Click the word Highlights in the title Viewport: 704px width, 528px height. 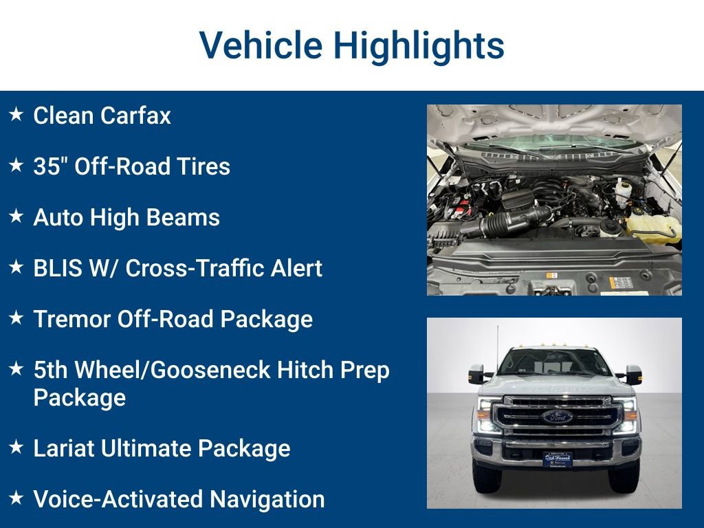(x=419, y=45)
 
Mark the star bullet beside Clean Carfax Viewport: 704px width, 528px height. (x=16, y=114)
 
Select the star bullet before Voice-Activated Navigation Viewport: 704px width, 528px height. (x=16, y=498)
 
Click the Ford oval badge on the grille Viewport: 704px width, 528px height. (x=557, y=417)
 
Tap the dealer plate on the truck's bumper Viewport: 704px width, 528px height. (x=557, y=459)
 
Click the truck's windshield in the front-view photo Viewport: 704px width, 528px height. (x=555, y=362)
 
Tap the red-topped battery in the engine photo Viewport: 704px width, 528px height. (x=454, y=203)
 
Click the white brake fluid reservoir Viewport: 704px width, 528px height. (x=624, y=186)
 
